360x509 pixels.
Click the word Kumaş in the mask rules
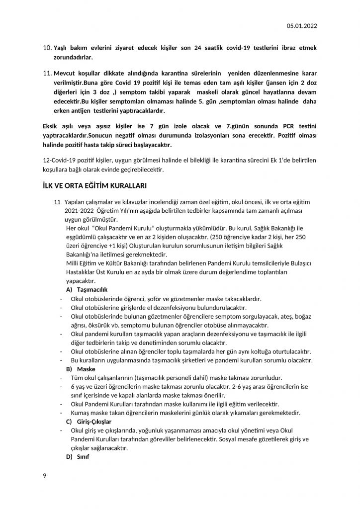pos(83,413)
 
